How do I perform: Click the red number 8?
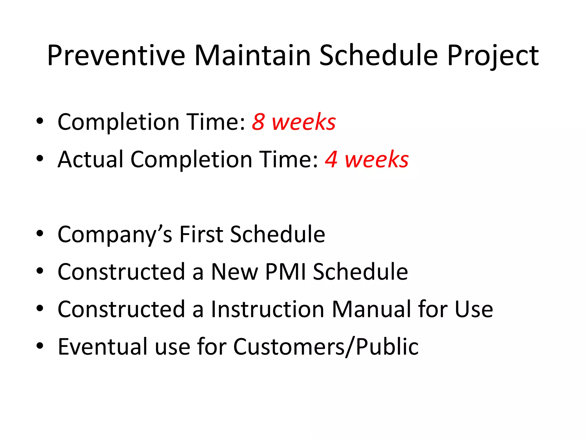(258, 122)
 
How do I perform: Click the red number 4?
(331, 159)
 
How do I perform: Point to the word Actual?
(90, 159)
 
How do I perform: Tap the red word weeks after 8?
(304, 122)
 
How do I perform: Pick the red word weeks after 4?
(377, 159)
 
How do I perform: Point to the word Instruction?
(268, 309)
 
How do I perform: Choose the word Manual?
(372, 309)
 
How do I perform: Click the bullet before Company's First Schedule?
(40, 234)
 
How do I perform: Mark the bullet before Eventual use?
(40, 346)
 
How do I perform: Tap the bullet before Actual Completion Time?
(40, 158)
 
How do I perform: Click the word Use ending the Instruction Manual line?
(474, 309)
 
